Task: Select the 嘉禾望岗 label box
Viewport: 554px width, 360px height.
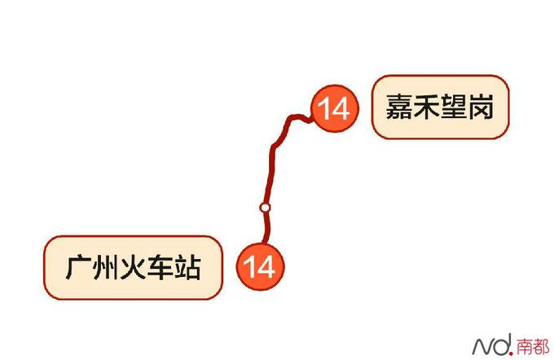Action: [440, 108]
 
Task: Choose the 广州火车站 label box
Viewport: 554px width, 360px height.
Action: [133, 267]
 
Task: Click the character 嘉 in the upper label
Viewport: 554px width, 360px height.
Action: [398, 108]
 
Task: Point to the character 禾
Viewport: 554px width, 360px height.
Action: [426, 108]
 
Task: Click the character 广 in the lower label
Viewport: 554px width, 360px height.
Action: [78, 268]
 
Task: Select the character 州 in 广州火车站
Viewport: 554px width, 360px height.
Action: [106, 268]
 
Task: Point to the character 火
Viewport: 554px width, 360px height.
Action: [133, 268]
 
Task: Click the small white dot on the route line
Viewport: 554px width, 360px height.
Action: [265, 208]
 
